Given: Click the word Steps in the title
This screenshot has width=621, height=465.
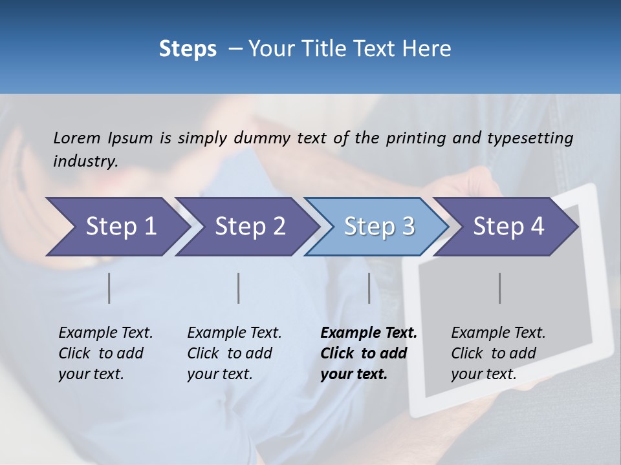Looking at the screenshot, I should click(188, 49).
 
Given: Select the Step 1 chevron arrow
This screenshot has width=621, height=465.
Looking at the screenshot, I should click(116, 227).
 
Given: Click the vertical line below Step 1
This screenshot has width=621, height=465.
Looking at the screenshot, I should click(109, 288).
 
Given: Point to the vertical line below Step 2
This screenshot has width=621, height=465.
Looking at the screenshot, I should click(239, 288).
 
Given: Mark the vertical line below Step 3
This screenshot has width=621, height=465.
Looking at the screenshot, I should click(369, 288).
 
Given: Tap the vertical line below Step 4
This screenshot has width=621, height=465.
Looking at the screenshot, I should click(500, 288).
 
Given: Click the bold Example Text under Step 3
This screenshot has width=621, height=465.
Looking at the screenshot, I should click(369, 353).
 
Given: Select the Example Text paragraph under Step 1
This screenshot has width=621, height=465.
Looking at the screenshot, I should click(105, 353).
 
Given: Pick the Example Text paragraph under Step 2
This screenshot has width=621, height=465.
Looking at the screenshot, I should click(234, 353).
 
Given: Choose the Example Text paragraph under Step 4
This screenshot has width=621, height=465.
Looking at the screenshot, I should click(498, 353).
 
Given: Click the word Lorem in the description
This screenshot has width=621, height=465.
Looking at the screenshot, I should click(77, 138).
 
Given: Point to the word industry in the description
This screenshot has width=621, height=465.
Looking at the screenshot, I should click(85, 161).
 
